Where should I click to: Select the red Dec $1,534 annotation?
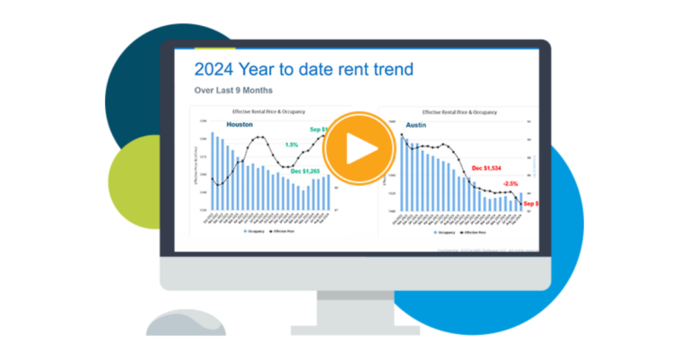[x=489, y=168]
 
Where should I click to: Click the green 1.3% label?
[x=292, y=144]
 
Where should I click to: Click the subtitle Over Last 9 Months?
[x=234, y=91]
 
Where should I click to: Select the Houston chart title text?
[x=267, y=112]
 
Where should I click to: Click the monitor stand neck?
[x=349, y=297]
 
